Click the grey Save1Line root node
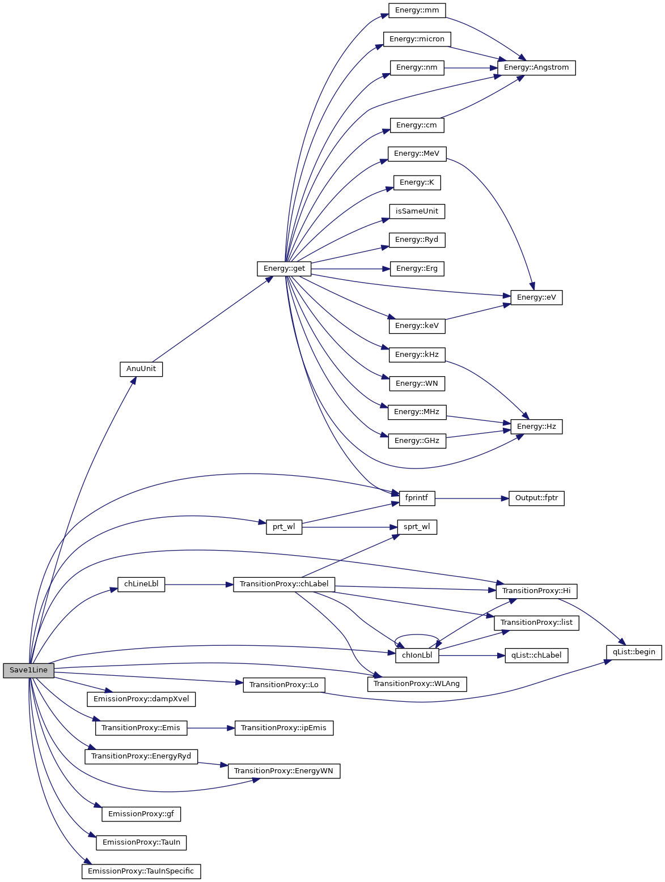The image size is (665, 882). [x=28, y=670]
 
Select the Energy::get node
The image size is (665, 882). [x=284, y=269]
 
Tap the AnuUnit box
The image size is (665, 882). [x=141, y=369]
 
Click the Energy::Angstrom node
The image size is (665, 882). [x=536, y=67]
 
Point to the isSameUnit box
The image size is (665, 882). [x=417, y=211]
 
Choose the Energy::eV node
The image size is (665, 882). [x=536, y=297]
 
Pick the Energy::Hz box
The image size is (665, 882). [x=536, y=427]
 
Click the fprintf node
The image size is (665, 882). [x=417, y=498]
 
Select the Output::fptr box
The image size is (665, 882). [x=536, y=498]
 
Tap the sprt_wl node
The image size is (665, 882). [x=417, y=527]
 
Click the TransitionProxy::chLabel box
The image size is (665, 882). [x=284, y=584]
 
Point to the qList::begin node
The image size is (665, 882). [x=634, y=652]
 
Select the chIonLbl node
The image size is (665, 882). [x=417, y=655]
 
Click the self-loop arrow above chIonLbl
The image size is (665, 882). [x=417, y=635]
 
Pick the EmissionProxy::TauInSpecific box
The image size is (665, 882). [x=141, y=871]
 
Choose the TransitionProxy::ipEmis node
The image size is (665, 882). [x=284, y=728]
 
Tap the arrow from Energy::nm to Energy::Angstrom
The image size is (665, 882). [x=471, y=67]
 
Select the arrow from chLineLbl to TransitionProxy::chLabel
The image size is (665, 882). [x=198, y=584]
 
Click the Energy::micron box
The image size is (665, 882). [x=417, y=39]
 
